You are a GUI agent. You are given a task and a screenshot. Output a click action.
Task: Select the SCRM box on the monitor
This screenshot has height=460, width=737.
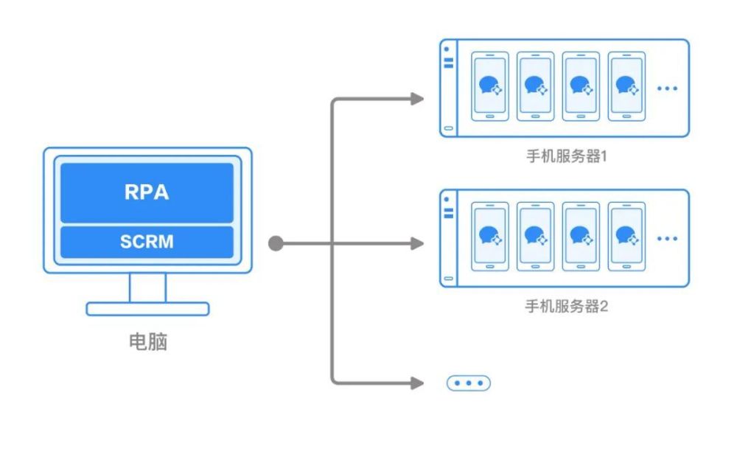pyautogui.click(x=147, y=243)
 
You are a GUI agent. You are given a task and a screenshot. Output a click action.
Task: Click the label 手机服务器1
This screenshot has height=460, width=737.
pyautogui.click(x=566, y=157)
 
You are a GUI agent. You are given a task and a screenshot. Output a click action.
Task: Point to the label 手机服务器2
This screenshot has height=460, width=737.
pyautogui.click(x=566, y=307)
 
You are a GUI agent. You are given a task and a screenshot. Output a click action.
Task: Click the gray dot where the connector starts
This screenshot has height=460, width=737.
pyautogui.click(x=276, y=243)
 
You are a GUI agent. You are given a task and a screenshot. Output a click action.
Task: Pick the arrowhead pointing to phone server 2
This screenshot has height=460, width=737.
pyautogui.click(x=418, y=243)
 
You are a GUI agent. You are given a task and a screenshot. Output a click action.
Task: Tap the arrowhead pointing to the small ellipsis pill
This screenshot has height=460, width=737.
pyautogui.click(x=418, y=383)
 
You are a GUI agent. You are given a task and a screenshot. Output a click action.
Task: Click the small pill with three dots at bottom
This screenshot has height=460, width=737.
pyautogui.click(x=468, y=383)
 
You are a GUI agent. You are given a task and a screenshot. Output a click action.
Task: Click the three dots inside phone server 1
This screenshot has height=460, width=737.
pyautogui.click(x=666, y=88)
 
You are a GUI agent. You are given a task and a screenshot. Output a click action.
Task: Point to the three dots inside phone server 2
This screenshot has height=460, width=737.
pyautogui.click(x=666, y=238)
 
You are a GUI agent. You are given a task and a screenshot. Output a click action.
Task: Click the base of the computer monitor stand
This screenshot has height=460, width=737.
pyautogui.click(x=147, y=309)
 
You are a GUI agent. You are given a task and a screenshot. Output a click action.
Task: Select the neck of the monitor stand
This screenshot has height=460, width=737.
pyautogui.click(x=147, y=287)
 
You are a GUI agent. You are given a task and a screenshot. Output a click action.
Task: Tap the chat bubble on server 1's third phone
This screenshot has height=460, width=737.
pyautogui.click(x=579, y=86)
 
